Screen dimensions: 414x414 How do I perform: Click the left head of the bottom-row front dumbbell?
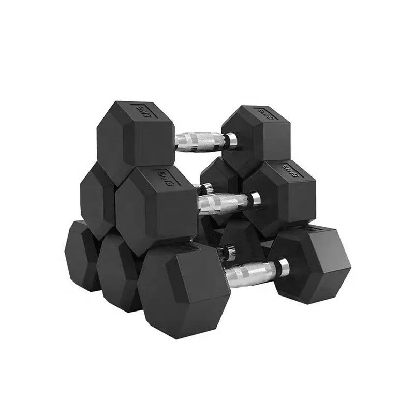pyautogui.click(x=184, y=290)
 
